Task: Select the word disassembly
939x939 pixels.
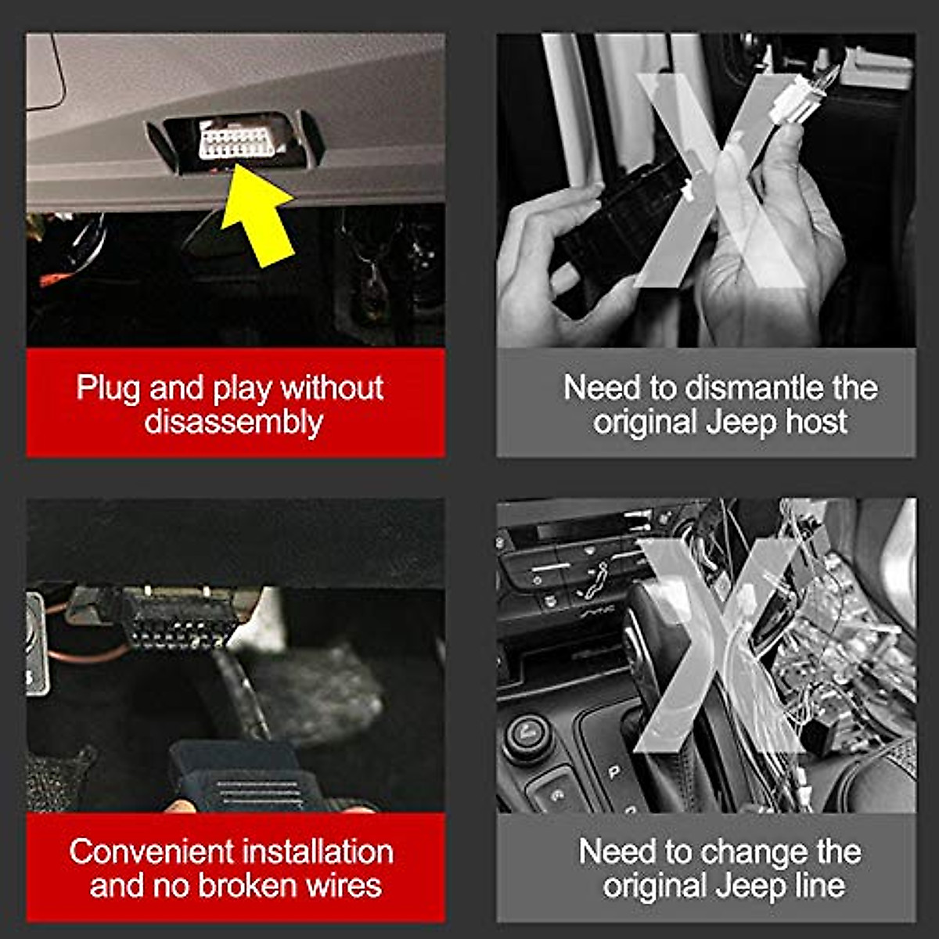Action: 233,423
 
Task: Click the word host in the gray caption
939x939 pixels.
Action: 816,423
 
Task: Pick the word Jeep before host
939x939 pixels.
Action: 740,423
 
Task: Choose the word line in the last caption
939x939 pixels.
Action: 820,886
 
